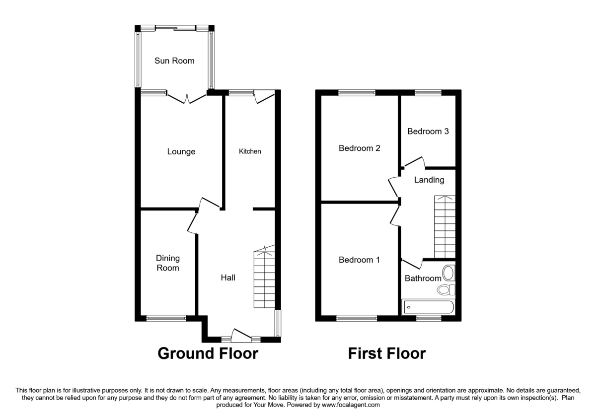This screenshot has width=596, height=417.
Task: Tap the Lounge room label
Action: coord(181,151)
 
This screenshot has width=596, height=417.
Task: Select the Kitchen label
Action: coord(250,151)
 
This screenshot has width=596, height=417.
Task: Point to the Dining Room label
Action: coord(167,263)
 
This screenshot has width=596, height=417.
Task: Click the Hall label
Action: coord(228,278)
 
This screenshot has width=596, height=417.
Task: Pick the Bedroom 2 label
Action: coord(360,148)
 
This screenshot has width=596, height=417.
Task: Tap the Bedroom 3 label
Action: coord(428,131)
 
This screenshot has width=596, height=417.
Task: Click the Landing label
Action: coord(429,180)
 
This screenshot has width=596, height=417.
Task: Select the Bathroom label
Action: coord(423,278)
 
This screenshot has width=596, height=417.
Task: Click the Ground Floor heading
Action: coord(208,353)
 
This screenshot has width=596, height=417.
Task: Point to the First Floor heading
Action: coord(386,353)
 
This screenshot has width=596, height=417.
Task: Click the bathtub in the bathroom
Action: coord(428,307)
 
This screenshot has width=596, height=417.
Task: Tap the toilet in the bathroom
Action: coord(444,289)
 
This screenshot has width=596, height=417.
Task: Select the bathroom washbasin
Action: coord(448,273)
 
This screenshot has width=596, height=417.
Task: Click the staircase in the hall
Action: coord(264,278)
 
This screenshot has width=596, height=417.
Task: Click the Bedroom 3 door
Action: coord(415,162)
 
